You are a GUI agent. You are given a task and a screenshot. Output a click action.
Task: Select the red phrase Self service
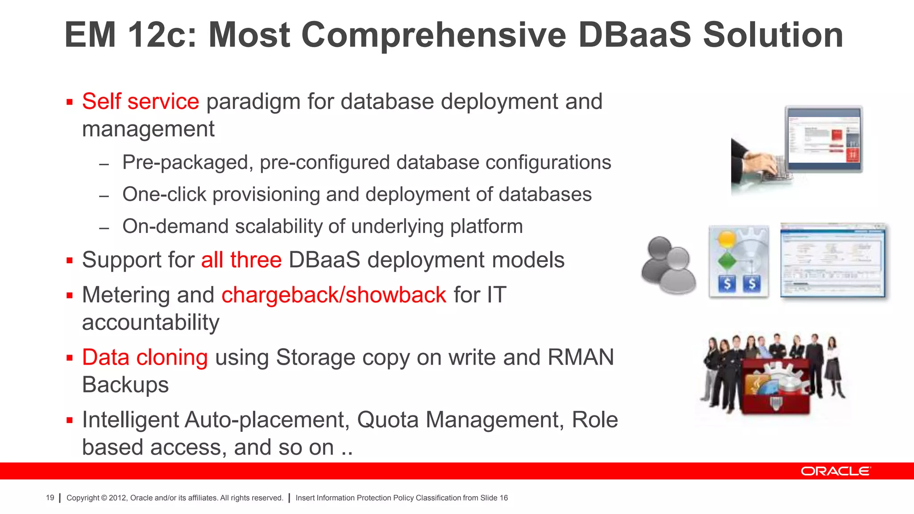140,101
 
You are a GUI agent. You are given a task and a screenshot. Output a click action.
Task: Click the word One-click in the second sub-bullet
164,195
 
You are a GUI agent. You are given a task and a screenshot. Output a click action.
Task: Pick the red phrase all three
241,260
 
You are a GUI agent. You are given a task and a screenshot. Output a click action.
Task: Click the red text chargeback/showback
333,295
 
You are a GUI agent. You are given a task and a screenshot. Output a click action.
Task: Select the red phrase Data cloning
145,357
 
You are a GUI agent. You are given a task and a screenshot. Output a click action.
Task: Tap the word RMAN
581,357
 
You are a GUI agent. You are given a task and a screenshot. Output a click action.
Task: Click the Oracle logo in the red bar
835,471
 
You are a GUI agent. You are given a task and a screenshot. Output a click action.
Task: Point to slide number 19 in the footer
50,498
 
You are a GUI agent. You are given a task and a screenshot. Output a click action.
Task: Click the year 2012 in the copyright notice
118,498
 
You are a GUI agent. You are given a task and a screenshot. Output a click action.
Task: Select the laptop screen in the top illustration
824,139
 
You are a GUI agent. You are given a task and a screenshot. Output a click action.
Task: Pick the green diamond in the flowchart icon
727,261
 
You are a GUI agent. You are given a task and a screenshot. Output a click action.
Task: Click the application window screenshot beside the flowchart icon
833,261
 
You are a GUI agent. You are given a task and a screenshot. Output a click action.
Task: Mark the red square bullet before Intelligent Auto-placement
69,420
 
